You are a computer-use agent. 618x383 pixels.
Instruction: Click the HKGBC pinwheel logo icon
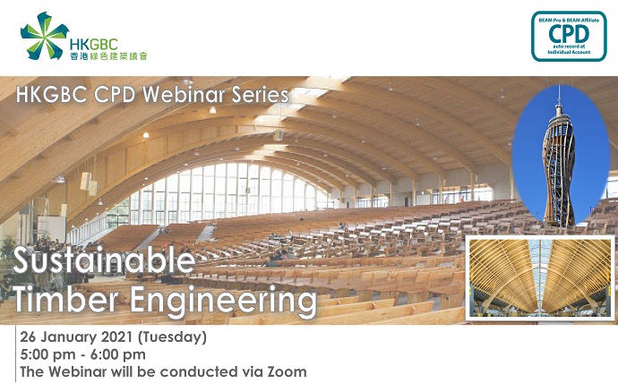point(45,36)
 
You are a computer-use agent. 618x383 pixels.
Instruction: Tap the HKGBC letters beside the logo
point(93,45)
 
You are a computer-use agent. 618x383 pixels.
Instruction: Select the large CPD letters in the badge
point(569,34)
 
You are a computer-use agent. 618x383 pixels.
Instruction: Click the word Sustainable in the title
point(104,261)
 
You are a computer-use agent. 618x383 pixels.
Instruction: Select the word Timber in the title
point(65,301)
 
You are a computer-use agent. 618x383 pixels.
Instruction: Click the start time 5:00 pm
point(47,354)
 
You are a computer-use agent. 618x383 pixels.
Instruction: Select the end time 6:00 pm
point(118,354)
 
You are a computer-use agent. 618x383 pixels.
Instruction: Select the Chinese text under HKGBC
point(108,56)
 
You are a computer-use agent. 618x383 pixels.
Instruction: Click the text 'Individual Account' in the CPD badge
point(569,52)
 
